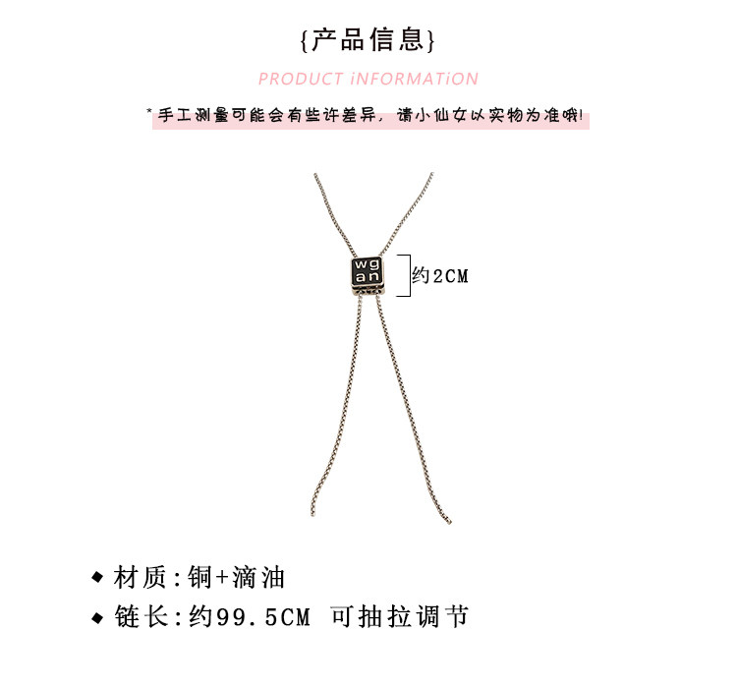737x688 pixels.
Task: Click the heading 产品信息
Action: click(x=368, y=39)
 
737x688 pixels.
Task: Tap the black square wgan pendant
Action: click(x=367, y=274)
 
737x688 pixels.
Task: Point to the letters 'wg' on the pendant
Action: click(x=366, y=265)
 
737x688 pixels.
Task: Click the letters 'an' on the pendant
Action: click(x=366, y=280)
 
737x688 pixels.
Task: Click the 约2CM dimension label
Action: click(x=440, y=276)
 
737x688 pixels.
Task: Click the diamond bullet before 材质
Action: click(x=96, y=577)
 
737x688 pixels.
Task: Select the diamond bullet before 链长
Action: click(x=96, y=618)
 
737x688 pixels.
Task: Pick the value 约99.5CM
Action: click(x=249, y=618)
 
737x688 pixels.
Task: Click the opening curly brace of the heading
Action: click(x=305, y=41)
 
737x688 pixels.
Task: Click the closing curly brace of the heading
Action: click(x=431, y=41)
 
